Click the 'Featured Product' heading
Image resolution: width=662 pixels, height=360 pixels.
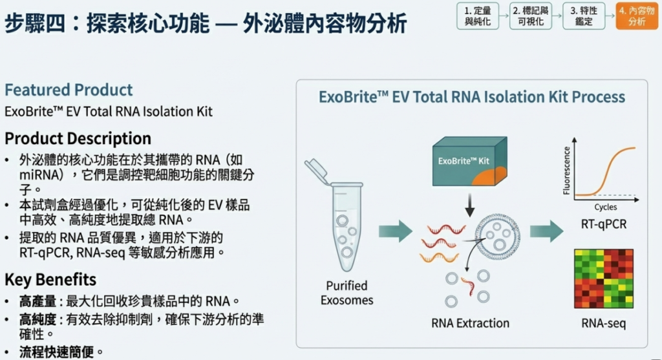(69, 90)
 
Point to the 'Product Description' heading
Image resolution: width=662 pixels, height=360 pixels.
(78, 138)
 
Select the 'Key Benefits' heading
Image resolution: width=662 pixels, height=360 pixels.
(50, 279)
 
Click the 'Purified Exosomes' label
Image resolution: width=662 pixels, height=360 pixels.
(347, 293)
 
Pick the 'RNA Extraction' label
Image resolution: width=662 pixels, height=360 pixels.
(470, 323)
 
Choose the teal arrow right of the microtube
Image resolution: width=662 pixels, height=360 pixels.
(395, 229)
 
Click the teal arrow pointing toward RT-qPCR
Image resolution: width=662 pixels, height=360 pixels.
(546, 229)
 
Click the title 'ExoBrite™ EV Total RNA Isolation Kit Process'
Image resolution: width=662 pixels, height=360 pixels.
(472, 97)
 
